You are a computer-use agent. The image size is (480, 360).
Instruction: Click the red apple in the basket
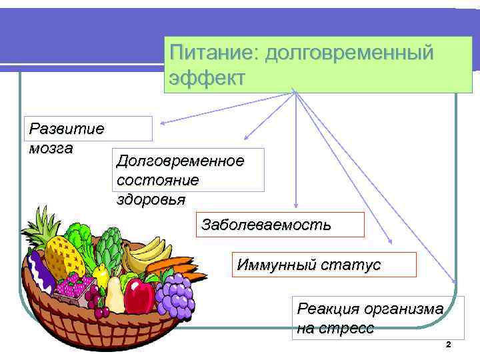(140, 295)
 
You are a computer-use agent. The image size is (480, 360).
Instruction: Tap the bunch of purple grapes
(174, 293)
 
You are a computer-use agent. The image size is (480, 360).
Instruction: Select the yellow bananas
(149, 253)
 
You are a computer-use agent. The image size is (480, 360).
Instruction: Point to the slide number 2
(448, 345)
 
